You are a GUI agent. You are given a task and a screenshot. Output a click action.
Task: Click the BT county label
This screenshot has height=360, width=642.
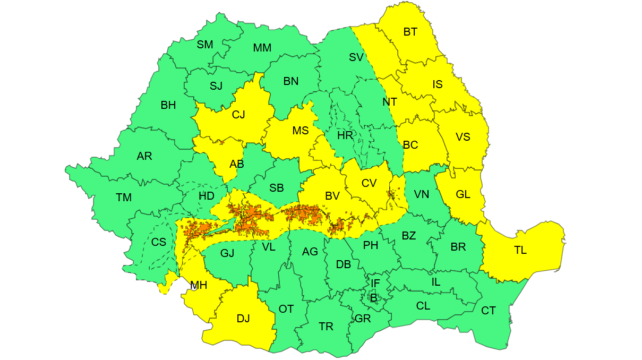pyautogui.click(x=410, y=32)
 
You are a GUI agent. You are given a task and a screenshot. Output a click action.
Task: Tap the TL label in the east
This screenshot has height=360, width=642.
pyautogui.click(x=520, y=250)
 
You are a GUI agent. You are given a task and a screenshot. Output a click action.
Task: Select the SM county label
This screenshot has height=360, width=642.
pyautogui.click(x=205, y=45)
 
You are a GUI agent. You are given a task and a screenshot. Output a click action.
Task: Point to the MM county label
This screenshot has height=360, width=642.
pyautogui.click(x=262, y=48)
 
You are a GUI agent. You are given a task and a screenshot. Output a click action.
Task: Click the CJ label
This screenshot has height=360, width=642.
pyautogui.click(x=238, y=114)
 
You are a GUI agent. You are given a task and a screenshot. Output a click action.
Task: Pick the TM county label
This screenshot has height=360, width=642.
pyautogui.click(x=124, y=198)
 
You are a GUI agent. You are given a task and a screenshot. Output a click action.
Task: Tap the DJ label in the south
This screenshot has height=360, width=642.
pyautogui.click(x=243, y=319)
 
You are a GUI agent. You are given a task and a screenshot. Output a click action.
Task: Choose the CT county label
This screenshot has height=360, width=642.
pyautogui.click(x=489, y=311)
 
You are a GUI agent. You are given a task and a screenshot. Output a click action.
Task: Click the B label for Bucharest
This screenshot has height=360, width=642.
pyautogui.click(x=373, y=298)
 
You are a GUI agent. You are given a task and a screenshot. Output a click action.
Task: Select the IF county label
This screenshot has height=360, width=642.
pyautogui.click(x=375, y=284)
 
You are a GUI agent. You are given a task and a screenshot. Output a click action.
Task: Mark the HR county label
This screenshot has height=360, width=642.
pyautogui.click(x=345, y=135)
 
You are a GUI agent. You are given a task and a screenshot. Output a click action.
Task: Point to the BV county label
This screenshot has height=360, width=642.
pyautogui.click(x=332, y=196)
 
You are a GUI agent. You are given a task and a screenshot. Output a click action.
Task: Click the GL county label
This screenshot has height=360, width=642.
pyautogui.click(x=463, y=194)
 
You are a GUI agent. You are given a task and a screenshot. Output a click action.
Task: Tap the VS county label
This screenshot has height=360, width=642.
pyautogui.click(x=463, y=136)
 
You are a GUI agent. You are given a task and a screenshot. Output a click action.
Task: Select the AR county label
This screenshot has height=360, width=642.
pyautogui.click(x=144, y=156)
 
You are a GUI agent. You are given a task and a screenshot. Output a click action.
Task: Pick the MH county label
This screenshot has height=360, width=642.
pyautogui.click(x=199, y=285)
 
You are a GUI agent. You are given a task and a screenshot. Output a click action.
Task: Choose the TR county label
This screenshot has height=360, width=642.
pyautogui.click(x=326, y=327)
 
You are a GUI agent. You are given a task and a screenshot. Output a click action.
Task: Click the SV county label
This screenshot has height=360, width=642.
pyautogui.click(x=356, y=57)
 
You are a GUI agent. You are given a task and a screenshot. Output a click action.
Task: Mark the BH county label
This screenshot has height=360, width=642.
pyautogui.click(x=168, y=105)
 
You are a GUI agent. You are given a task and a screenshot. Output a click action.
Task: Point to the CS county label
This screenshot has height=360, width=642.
pyautogui.click(x=159, y=242)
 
